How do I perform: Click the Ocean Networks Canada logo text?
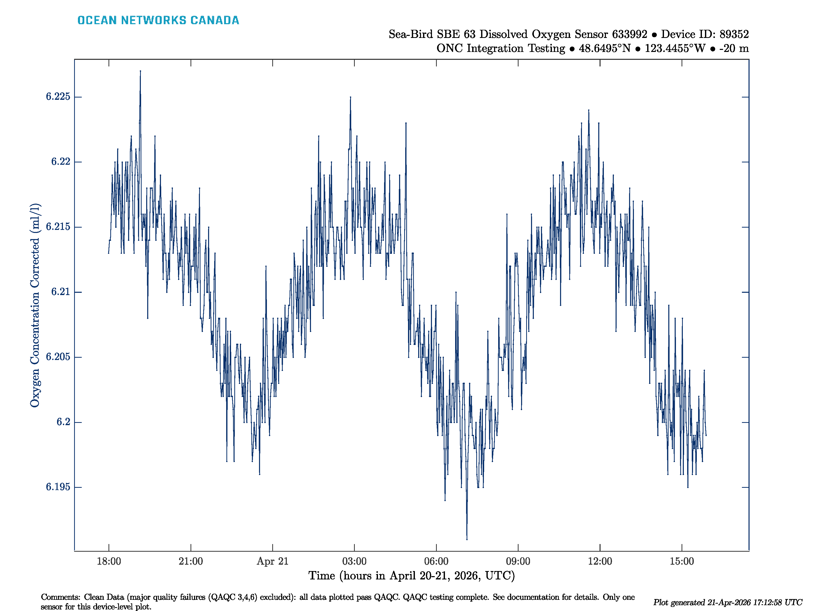click(x=158, y=20)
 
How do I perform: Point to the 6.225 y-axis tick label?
click(x=58, y=96)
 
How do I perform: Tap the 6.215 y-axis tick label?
click(x=58, y=227)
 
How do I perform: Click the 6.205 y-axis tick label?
click(x=58, y=357)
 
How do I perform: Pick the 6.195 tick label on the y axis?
click(x=58, y=487)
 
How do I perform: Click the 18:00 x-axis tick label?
click(x=109, y=561)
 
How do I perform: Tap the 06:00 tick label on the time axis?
click(x=436, y=561)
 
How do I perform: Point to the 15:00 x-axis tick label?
click(x=682, y=561)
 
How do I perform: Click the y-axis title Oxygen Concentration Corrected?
click(x=35, y=305)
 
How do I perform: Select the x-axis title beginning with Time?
click(x=411, y=576)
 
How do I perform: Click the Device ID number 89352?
click(x=734, y=34)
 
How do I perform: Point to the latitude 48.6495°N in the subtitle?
click(x=605, y=48)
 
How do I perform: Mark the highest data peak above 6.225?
click(x=140, y=71)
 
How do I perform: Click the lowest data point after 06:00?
click(x=467, y=539)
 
